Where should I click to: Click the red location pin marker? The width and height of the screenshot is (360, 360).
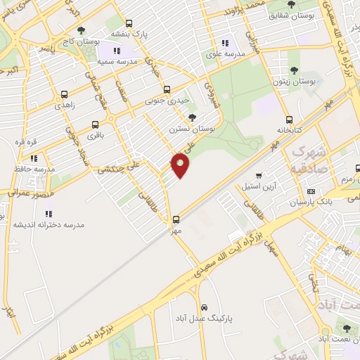[181, 165]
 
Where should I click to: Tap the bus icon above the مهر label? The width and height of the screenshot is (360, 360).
[176, 219]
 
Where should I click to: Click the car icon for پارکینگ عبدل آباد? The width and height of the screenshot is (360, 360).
[204, 308]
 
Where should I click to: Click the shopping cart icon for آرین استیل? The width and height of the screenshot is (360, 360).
[259, 175]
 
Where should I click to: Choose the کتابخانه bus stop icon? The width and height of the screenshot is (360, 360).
[289, 120]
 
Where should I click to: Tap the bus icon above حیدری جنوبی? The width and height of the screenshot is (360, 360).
[167, 90]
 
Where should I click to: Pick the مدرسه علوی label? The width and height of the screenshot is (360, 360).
[224, 54]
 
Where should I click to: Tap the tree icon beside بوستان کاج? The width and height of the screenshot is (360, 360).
[82, 30]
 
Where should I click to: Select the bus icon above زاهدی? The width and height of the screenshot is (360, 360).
[65, 94]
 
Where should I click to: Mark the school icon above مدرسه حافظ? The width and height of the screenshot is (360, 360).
[34, 159]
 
